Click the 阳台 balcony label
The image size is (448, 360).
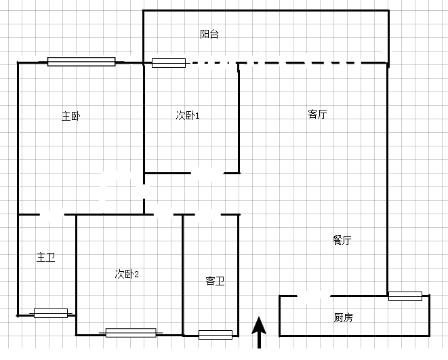(209, 34)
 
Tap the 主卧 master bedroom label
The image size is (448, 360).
(71, 117)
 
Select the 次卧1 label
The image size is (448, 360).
(188, 115)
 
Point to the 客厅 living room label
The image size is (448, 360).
(317, 114)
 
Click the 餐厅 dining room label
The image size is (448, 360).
(342, 240)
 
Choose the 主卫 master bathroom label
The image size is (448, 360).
(45, 257)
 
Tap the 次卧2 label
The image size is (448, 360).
(127, 274)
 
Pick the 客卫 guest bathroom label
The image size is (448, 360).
(215, 281)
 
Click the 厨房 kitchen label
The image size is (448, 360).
(343, 317)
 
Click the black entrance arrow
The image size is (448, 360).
(259, 332)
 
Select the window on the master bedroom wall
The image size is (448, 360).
(81, 62)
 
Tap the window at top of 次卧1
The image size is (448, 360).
(169, 63)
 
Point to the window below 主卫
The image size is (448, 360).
(51, 313)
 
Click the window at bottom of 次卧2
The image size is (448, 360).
(131, 333)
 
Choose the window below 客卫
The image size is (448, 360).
(216, 335)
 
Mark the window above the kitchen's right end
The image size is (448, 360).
(405, 296)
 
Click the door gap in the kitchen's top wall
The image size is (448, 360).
(314, 296)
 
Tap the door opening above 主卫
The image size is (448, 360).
(52, 214)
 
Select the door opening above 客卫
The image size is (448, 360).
(208, 214)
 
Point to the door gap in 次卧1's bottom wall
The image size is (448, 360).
(207, 173)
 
